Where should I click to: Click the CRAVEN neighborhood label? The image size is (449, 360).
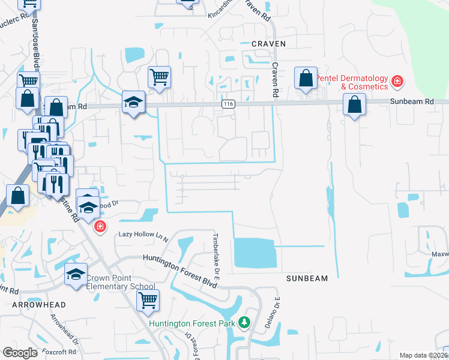(268, 44)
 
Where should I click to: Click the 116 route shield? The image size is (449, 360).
(227, 104)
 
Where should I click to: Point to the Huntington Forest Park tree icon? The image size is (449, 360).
(244, 323)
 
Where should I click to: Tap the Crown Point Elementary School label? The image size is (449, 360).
(120, 282)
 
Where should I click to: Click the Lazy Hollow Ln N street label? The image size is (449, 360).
(144, 235)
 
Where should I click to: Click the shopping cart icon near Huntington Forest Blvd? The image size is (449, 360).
(148, 301)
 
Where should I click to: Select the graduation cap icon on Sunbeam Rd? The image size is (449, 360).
(133, 101)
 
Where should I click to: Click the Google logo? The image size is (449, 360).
(20, 353)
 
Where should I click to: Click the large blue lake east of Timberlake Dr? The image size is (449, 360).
(255, 253)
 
